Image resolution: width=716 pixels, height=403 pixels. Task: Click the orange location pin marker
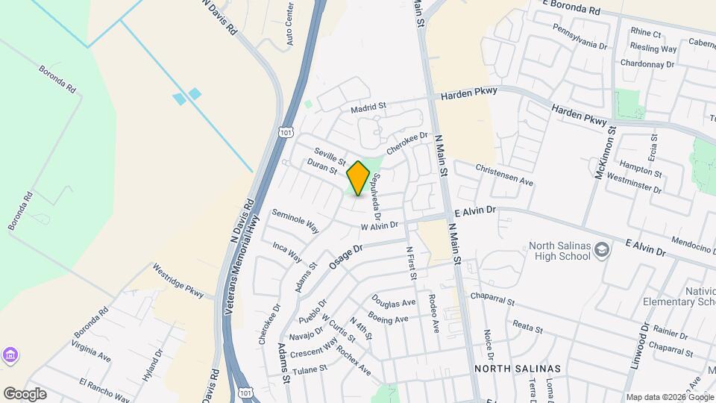[x=359, y=178]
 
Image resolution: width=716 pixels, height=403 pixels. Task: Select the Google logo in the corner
[x=25, y=393]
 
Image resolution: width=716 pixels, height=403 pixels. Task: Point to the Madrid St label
[x=368, y=108]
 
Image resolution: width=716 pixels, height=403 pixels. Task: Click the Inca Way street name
[x=286, y=252]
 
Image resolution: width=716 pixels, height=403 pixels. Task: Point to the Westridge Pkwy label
[x=178, y=280]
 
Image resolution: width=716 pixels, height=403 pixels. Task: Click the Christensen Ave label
[x=504, y=175]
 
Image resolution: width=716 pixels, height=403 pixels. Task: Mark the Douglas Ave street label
[x=393, y=303]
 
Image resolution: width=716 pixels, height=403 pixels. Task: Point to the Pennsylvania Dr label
[x=580, y=35]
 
